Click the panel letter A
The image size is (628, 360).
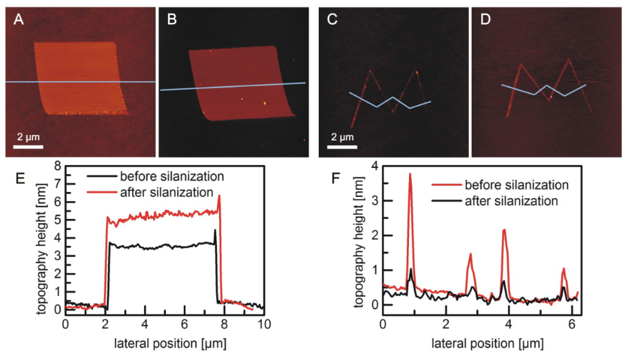pos(18,20)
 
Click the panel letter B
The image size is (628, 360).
pos(172,20)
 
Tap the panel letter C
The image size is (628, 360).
pos(332,20)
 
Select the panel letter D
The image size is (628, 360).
pos(485,20)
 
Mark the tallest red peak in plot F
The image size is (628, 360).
pos(410,174)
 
